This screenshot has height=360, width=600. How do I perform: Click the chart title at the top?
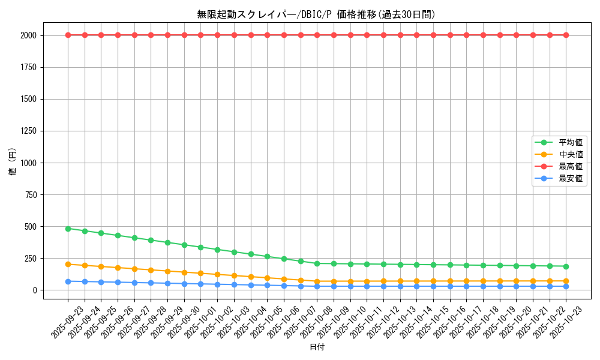pyautogui.click(x=316, y=14)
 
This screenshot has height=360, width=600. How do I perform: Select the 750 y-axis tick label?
pyautogui.click(x=31, y=194)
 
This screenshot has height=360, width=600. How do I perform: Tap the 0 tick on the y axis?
pyautogui.click(x=35, y=290)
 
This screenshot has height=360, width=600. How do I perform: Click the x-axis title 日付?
pyautogui.click(x=316, y=347)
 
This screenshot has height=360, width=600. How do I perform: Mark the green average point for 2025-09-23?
pyautogui.click(x=68, y=229)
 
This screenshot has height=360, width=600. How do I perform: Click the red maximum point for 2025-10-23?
pyautogui.click(x=566, y=35)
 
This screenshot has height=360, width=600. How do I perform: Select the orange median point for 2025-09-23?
pyautogui.click(x=68, y=264)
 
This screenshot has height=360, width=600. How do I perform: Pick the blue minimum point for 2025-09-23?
pyautogui.click(x=68, y=281)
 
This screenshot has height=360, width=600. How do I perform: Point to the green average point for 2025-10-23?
pyautogui.click(x=566, y=266)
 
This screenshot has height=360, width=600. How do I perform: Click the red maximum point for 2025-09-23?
pyautogui.click(x=68, y=35)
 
